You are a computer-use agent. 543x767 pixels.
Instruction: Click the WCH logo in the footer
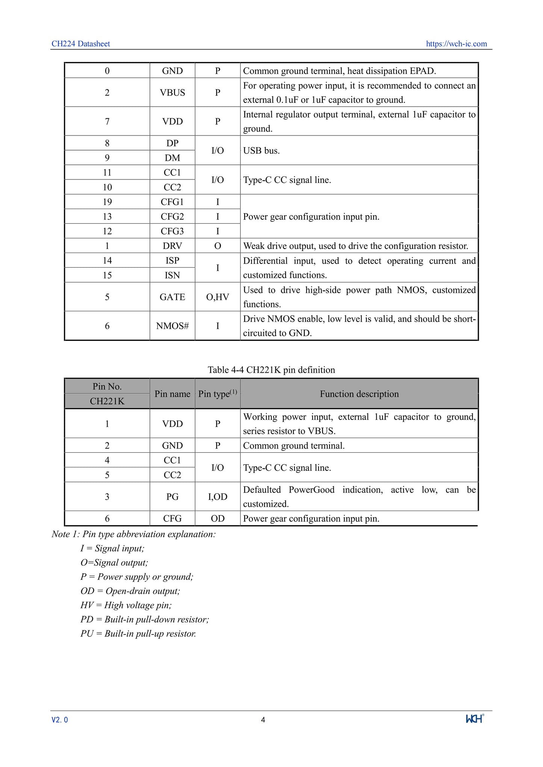475,719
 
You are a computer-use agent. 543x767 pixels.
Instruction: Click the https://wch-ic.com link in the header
456,44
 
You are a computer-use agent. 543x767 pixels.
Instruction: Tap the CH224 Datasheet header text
81,44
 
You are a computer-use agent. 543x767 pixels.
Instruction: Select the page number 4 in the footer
263,720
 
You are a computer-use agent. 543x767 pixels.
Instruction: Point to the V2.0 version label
60,720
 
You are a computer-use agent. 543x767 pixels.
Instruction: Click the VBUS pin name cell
172,92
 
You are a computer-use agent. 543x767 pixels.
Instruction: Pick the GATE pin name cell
172,297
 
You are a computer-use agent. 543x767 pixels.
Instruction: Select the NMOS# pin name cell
172,326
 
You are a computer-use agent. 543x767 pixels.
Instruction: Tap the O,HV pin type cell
218,297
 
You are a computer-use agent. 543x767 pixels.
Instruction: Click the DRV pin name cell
172,246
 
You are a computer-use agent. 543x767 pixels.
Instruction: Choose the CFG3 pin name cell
172,231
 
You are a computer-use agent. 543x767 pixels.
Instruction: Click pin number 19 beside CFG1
107,202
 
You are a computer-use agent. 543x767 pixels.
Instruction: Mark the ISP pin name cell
172,261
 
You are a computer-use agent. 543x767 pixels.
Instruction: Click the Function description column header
359,394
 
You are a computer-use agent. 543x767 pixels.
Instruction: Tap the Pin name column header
172,394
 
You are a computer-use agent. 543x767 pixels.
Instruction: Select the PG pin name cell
172,497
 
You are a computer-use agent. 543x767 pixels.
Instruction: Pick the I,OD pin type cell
218,497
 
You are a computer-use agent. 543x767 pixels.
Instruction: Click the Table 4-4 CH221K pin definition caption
271,370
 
